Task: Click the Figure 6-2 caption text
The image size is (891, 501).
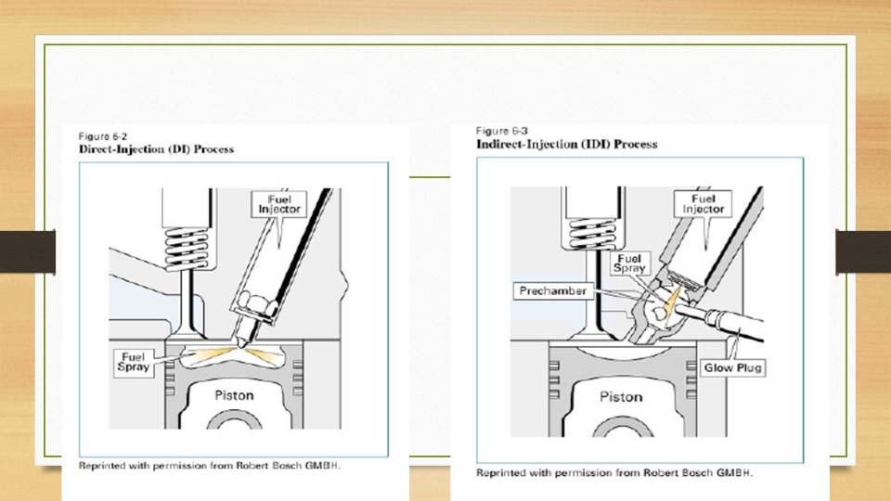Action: point(101,135)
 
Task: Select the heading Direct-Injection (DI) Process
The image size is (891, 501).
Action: point(156,149)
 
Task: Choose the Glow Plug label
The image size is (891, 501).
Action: point(731,367)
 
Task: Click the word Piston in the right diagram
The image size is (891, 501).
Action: point(621,396)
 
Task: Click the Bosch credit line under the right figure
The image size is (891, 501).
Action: point(614,473)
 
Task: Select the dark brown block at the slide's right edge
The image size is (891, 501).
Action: point(863,251)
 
